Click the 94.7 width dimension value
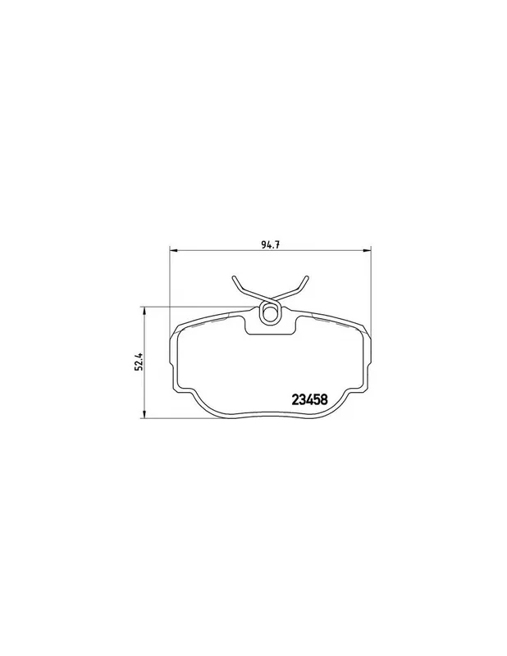coord(271,245)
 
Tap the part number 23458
coord(309,400)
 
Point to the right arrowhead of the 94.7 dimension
coord(367,251)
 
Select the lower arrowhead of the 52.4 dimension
coord(144,413)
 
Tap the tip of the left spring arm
coord(234,277)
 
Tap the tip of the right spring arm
coord(307,277)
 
